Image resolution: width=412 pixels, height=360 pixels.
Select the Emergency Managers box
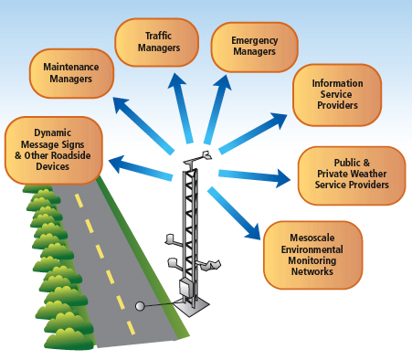tap(254, 46)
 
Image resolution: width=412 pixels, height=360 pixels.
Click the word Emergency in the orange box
tap(254, 40)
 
